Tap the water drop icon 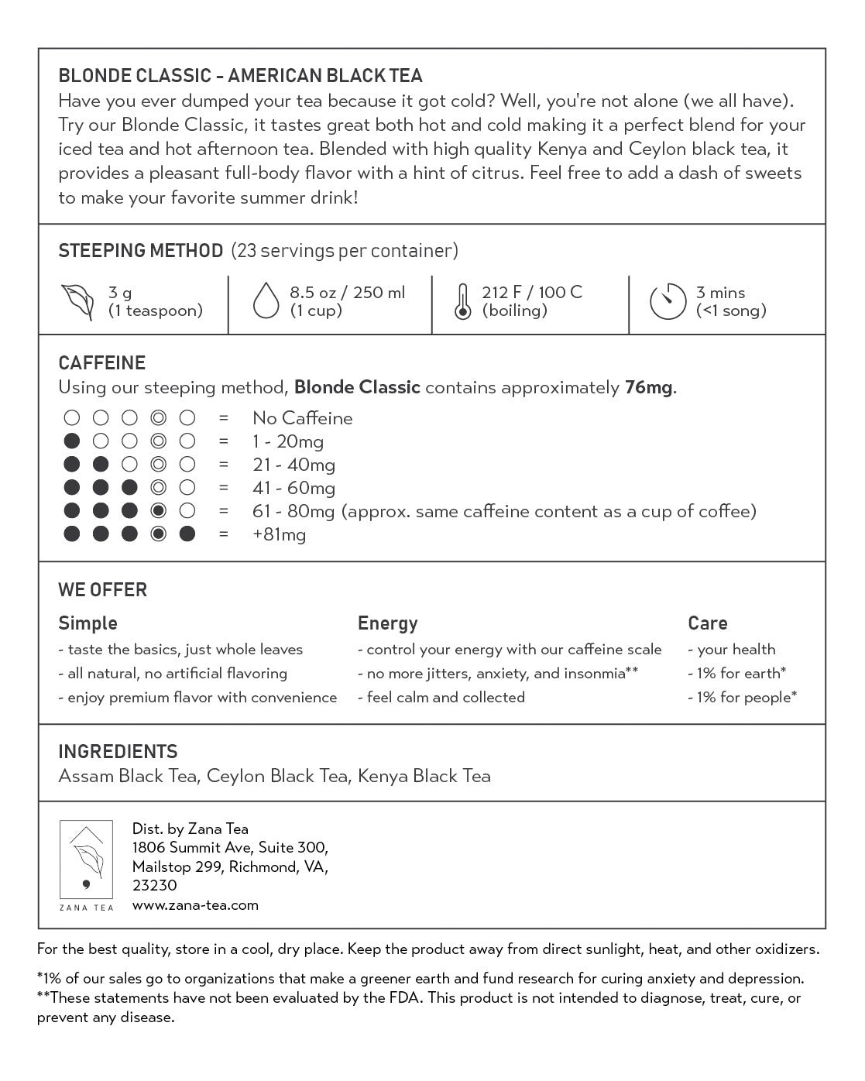click(x=266, y=302)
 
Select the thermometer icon click(x=462, y=302)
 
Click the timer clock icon click(x=668, y=302)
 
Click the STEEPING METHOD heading click(x=140, y=251)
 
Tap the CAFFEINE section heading click(x=101, y=363)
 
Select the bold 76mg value click(x=648, y=387)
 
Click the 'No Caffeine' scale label click(x=302, y=418)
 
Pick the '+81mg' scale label click(x=279, y=534)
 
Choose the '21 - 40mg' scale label click(x=293, y=465)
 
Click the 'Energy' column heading click(x=387, y=623)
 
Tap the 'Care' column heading click(x=707, y=623)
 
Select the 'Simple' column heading click(x=88, y=623)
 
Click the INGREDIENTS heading click(x=118, y=752)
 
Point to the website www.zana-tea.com click(x=195, y=904)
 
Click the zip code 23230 click(x=154, y=885)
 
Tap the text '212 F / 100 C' click(x=531, y=292)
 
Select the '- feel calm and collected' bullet click(x=441, y=697)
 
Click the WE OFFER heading click(x=102, y=590)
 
